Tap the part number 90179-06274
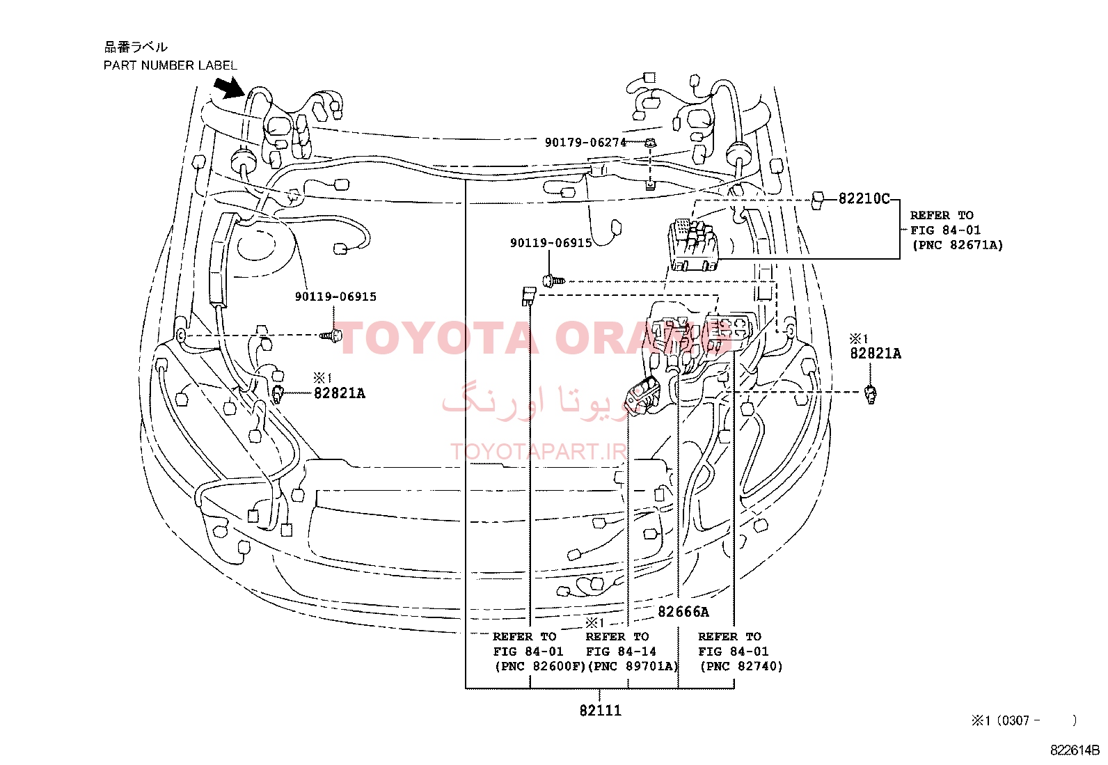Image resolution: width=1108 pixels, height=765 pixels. pyautogui.click(x=585, y=143)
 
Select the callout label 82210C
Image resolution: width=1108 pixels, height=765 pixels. pyautogui.click(x=864, y=199)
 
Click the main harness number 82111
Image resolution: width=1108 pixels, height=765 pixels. pyautogui.click(x=600, y=711)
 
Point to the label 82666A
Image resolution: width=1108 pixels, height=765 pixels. pyautogui.click(x=683, y=612)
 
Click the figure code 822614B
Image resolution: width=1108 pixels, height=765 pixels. pyautogui.click(x=1075, y=750)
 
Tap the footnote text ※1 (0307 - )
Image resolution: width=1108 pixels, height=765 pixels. pyautogui.click(x=1024, y=720)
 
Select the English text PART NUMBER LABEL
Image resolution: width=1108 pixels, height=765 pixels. pyautogui.click(x=170, y=65)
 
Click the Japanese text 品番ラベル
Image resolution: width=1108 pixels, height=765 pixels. pyautogui.click(x=136, y=47)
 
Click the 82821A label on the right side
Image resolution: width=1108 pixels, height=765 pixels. pyautogui.click(x=876, y=354)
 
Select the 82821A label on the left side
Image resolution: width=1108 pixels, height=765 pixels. pyautogui.click(x=340, y=393)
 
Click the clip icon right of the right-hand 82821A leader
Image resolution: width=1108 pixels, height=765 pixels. pyautogui.click(x=871, y=395)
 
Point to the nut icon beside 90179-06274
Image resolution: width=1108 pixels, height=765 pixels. pyautogui.click(x=651, y=143)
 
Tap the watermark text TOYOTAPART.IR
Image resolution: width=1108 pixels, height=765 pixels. pyautogui.click(x=539, y=451)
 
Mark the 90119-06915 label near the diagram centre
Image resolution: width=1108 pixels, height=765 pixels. pyautogui.click(x=551, y=243)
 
